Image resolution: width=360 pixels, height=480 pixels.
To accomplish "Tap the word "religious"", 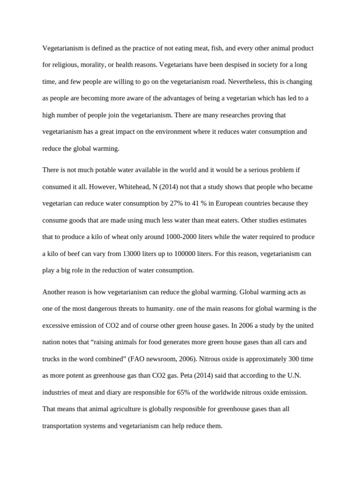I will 66,65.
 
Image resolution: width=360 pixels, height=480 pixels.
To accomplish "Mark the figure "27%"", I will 178,203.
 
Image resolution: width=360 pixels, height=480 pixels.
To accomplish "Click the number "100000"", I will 184,254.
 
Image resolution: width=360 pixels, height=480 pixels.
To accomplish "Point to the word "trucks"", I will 52,359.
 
